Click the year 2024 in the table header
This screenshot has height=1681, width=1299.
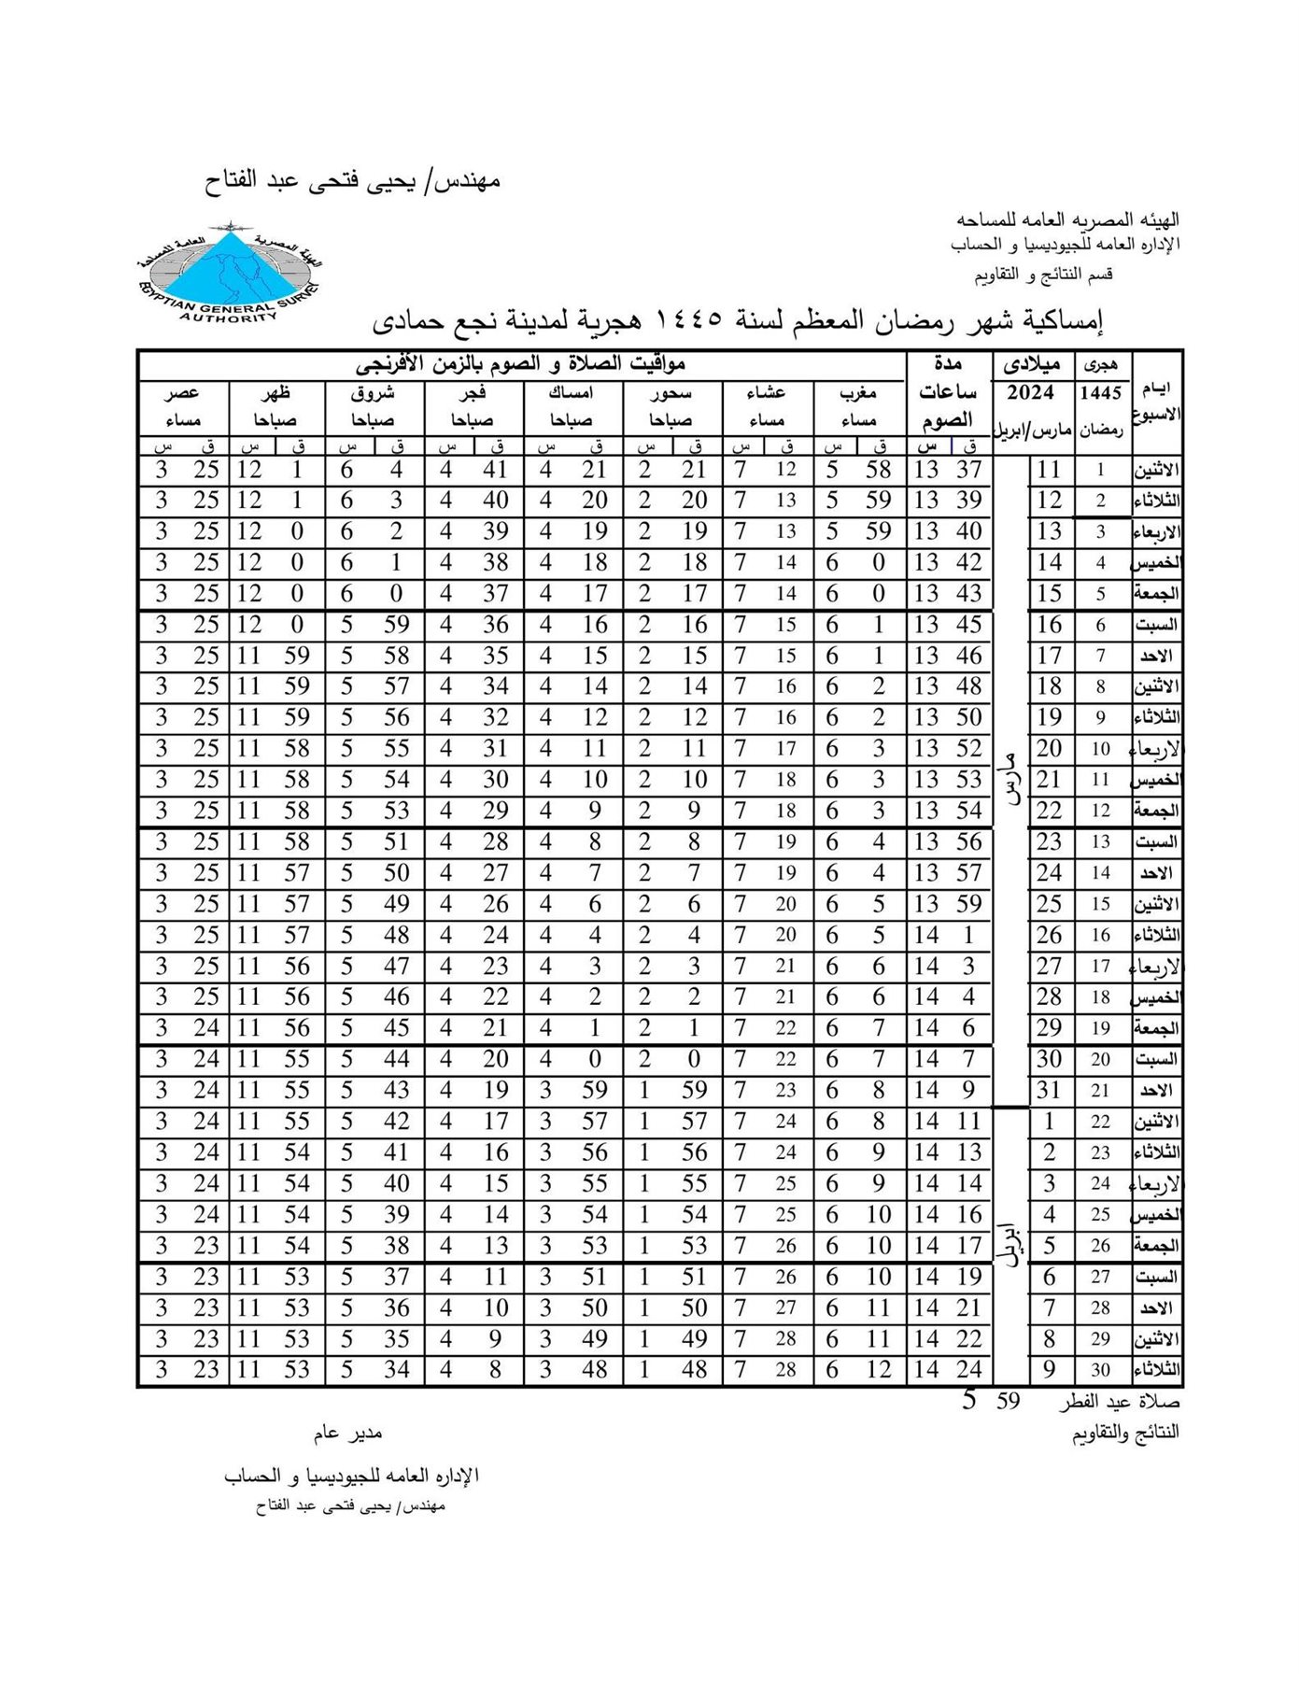(x=1030, y=392)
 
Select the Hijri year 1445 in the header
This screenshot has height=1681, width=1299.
(x=1100, y=393)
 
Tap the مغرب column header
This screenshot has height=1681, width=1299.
(x=857, y=393)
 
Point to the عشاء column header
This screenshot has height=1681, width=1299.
(x=766, y=393)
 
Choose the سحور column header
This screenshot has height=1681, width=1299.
(x=671, y=393)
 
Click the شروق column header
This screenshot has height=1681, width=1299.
(x=374, y=393)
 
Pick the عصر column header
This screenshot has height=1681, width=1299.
(x=182, y=393)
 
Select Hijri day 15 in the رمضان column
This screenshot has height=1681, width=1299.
(x=1100, y=904)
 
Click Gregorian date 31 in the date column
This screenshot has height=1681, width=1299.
(x=1049, y=1090)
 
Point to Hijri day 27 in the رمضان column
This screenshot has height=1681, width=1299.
(x=1100, y=1277)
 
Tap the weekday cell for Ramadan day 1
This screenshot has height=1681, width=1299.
(x=1156, y=470)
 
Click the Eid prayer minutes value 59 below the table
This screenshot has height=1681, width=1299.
(x=1008, y=1401)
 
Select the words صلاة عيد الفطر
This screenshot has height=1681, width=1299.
(x=1119, y=1402)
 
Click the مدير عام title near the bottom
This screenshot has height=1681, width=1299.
(x=347, y=1432)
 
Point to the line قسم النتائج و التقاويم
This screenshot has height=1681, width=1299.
(x=1043, y=275)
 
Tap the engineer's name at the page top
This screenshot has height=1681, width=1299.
(x=352, y=180)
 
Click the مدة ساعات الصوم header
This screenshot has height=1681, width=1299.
(x=947, y=392)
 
